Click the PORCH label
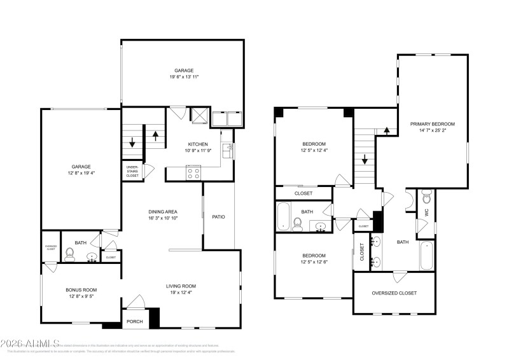pos(134,321)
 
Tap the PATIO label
pos(218,217)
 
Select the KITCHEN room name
pos(198,144)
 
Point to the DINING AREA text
pos(163,211)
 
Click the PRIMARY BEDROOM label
pos(432,124)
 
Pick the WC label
pos(426,213)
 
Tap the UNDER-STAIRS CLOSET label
pos(132,171)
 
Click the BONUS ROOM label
pos(81,289)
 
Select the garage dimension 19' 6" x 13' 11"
pos(184,77)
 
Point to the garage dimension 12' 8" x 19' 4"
pos(81,173)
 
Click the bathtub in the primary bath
pos(426,256)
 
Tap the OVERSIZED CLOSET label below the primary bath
pos(394,293)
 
